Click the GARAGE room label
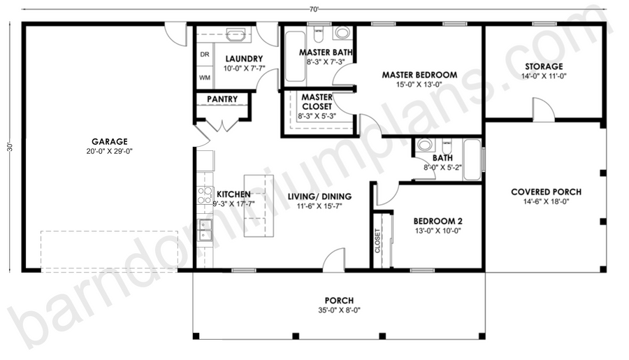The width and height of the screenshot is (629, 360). tap(110, 142)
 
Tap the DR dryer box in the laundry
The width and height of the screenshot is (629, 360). tap(205, 55)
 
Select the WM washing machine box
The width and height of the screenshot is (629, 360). tap(205, 78)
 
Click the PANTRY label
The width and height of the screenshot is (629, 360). tap(222, 99)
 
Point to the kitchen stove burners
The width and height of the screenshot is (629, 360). tap(205, 195)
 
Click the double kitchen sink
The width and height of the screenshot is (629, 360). tap(205, 230)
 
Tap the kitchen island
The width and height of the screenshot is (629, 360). tap(259, 206)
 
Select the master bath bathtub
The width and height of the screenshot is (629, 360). tap(295, 56)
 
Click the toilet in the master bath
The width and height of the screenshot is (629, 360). tap(319, 34)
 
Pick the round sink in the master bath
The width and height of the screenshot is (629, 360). tap(342, 33)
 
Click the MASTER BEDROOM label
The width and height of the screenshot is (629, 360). tap(419, 75)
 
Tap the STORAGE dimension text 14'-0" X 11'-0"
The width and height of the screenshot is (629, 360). tap(544, 76)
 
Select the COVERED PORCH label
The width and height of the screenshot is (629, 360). tap(546, 192)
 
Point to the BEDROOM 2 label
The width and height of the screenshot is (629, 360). tap(438, 221)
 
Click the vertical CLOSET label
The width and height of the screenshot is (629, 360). tap(377, 240)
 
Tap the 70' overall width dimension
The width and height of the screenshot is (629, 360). tap(314, 10)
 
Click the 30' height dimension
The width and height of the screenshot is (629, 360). tap(10, 147)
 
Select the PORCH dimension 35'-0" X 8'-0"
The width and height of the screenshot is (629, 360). tap(339, 310)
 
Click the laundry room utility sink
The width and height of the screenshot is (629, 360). tap(236, 34)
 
